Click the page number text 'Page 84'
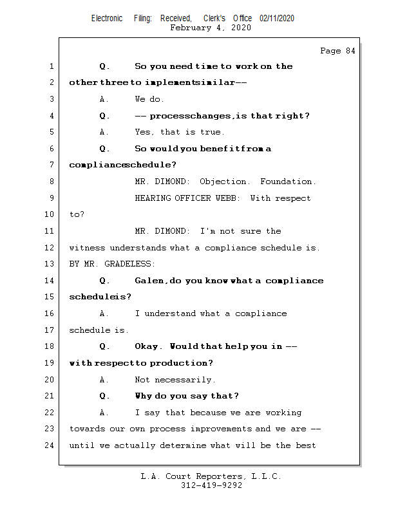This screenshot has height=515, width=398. [x=337, y=51]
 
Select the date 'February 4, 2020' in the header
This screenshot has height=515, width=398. [x=211, y=28]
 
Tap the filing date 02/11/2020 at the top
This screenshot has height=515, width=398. [x=277, y=18]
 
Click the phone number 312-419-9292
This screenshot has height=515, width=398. [x=211, y=485]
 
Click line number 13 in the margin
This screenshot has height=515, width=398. [x=50, y=264]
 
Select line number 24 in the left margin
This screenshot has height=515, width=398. [x=50, y=445]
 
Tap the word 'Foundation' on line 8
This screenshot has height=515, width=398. [x=288, y=182]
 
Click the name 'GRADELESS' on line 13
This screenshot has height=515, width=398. [x=131, y=264]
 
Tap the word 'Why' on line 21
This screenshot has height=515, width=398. [x=144, y=396]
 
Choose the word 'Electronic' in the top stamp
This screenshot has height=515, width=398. [x=107, y=18]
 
